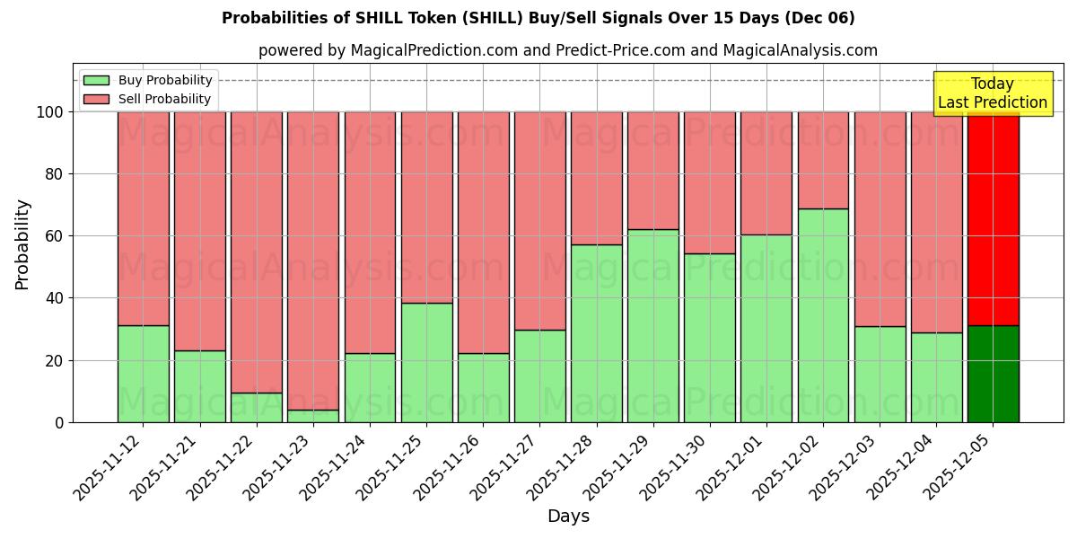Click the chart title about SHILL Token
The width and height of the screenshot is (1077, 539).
(x=538, y=18)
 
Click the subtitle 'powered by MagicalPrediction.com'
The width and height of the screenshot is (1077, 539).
(x=567, y=50)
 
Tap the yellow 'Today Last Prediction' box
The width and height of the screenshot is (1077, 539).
(x=992, y=93)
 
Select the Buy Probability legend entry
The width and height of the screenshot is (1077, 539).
(x=148, y=80)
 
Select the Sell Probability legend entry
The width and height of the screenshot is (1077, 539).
(x=148, y=99)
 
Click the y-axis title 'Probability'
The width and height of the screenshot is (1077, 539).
(x=22, y=244)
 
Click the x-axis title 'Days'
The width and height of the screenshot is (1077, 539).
(x=568, y=517)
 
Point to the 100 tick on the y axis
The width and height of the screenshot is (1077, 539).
(x=49, y=112)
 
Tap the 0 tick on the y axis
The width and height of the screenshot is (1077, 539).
(x=59, y=422)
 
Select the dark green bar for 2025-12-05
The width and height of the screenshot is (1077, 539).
(x=993, y=374)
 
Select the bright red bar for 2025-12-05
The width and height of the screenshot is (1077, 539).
(x=993, y=218)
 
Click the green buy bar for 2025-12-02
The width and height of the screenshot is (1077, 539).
(x=823, y=315)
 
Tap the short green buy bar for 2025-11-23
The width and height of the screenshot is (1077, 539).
(x=313, y=416)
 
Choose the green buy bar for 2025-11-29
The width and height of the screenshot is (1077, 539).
(x=652, y=325)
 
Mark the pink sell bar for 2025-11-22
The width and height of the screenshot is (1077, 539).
(x=257, y=252)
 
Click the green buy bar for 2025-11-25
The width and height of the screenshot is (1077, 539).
(x=426, y=362)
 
